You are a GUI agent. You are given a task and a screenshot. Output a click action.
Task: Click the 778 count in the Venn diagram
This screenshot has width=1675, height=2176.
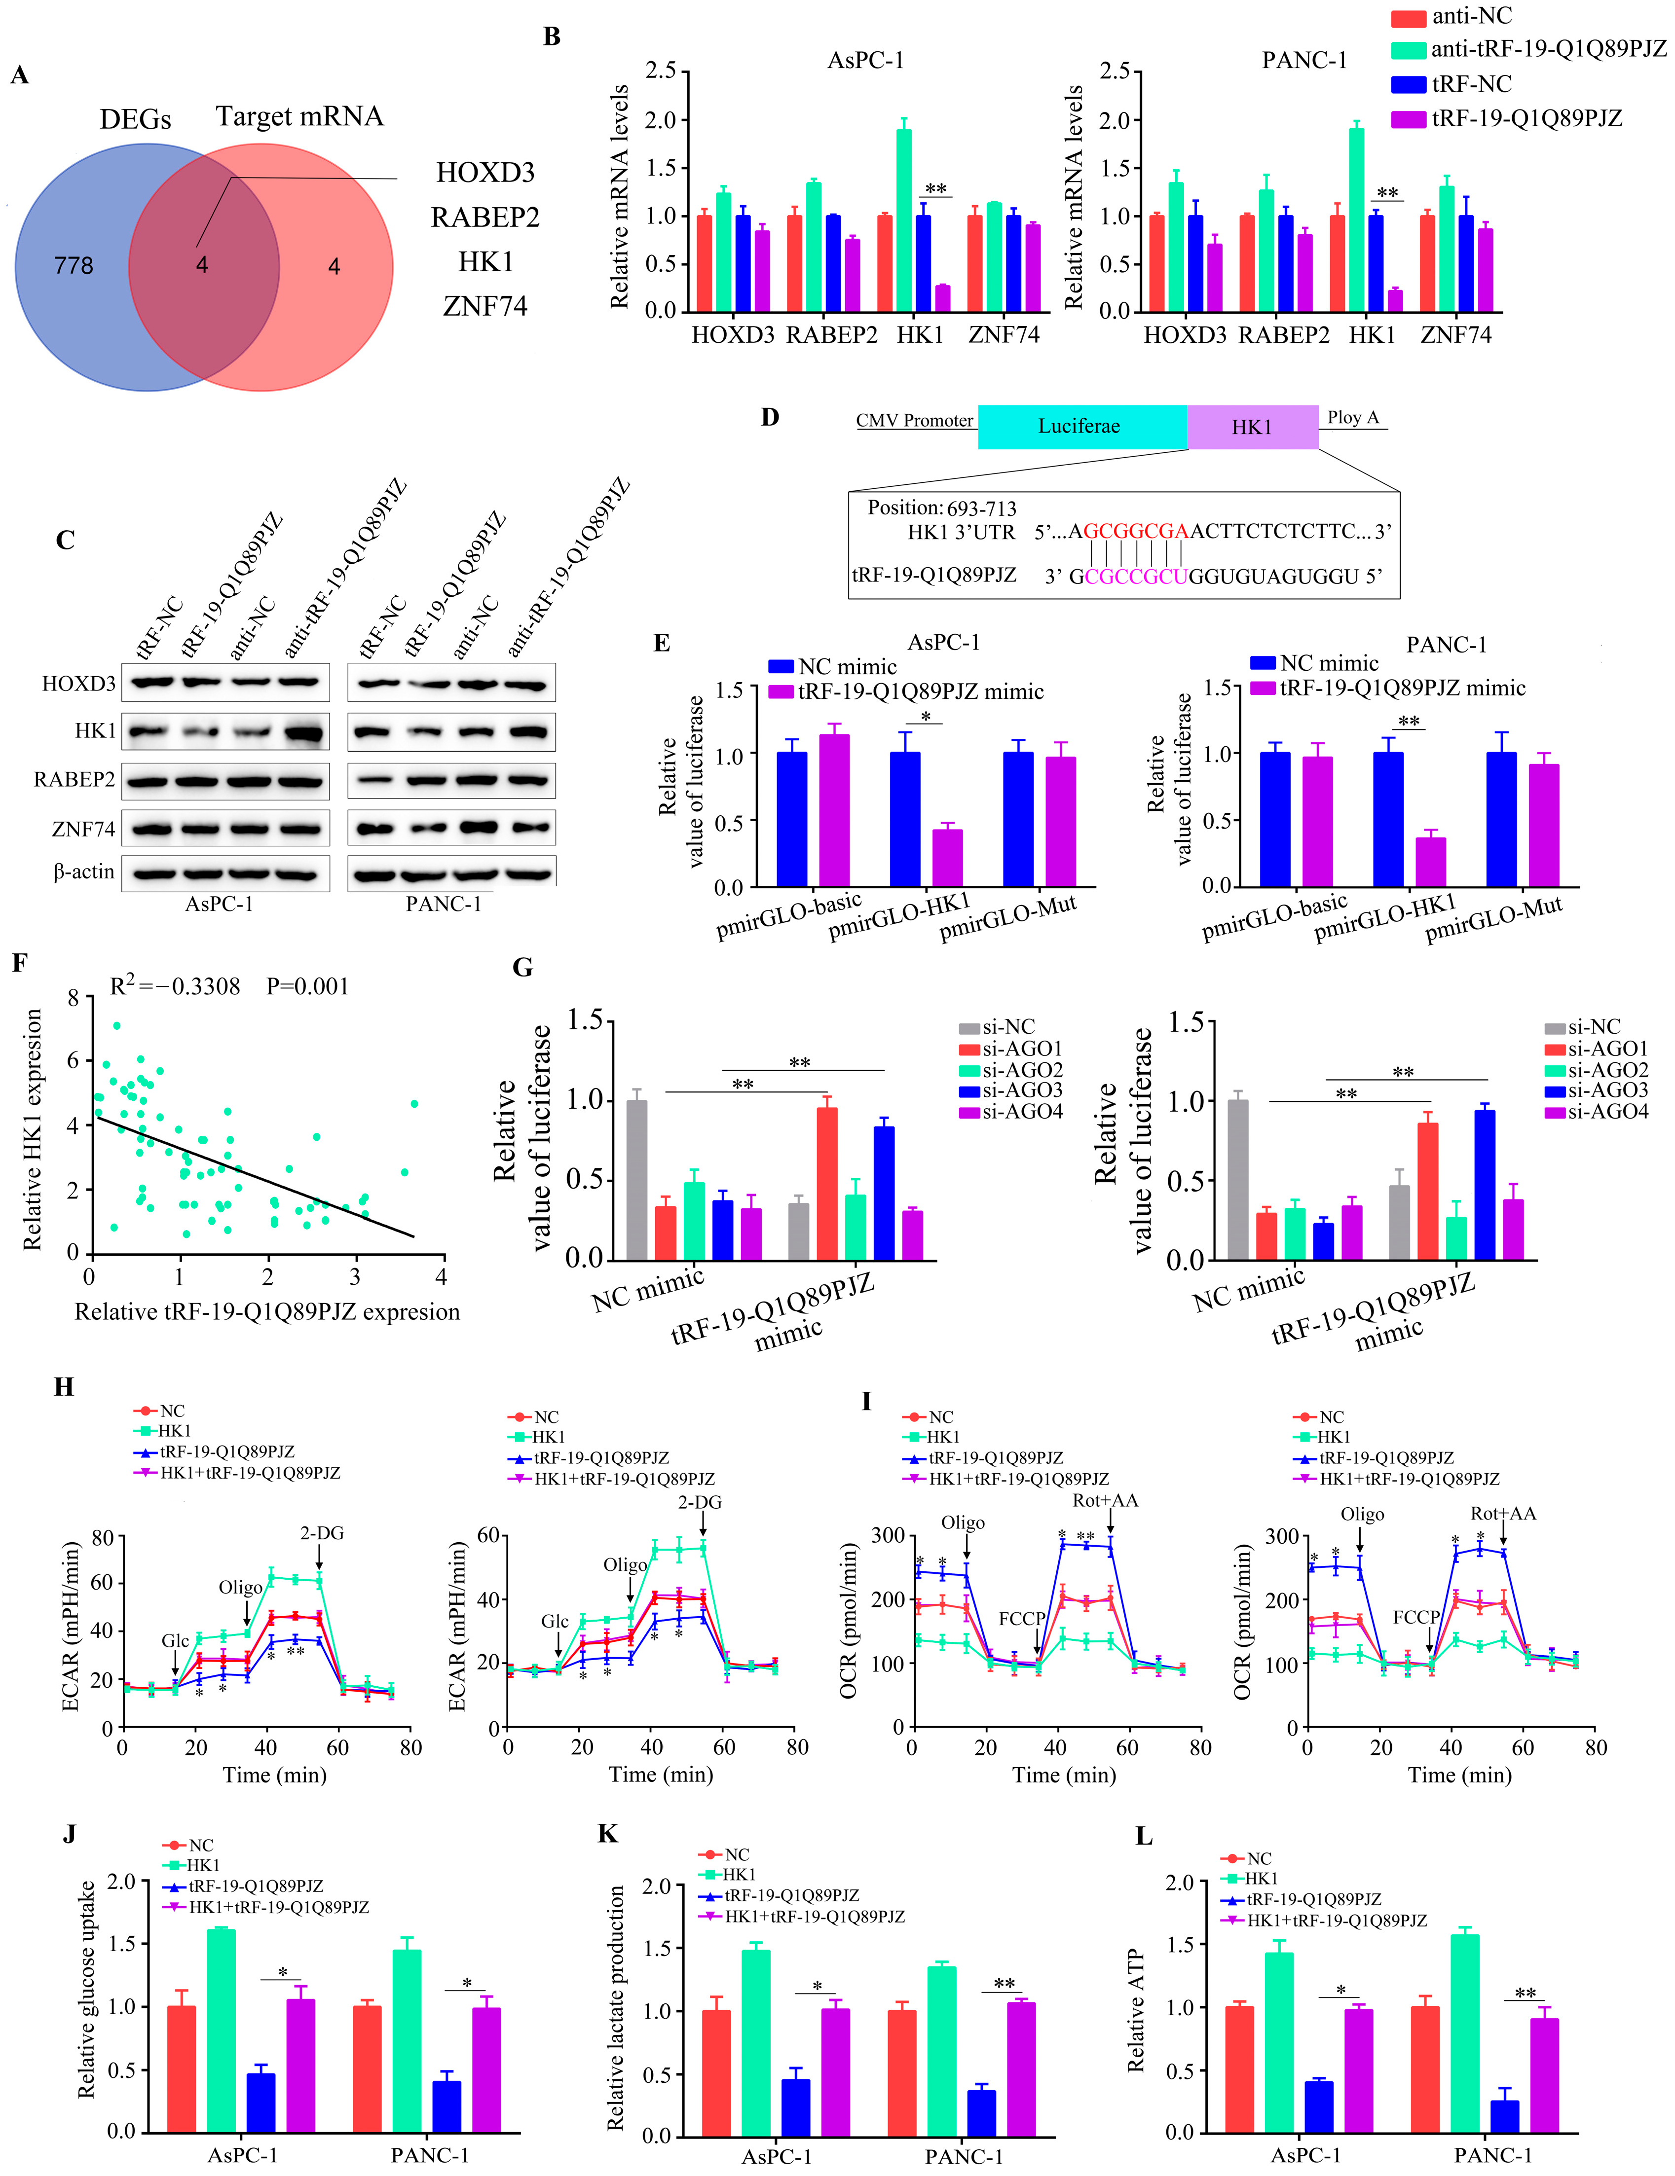(x=74, y=266)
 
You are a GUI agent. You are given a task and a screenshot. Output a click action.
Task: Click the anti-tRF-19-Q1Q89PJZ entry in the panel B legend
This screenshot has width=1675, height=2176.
(x=1547, y=49)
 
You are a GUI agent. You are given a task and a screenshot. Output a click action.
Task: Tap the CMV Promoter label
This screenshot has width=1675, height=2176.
(x=914, y=421)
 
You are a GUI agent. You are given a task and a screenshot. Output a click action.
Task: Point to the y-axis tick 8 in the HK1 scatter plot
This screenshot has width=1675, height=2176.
(x=73, y=997)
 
